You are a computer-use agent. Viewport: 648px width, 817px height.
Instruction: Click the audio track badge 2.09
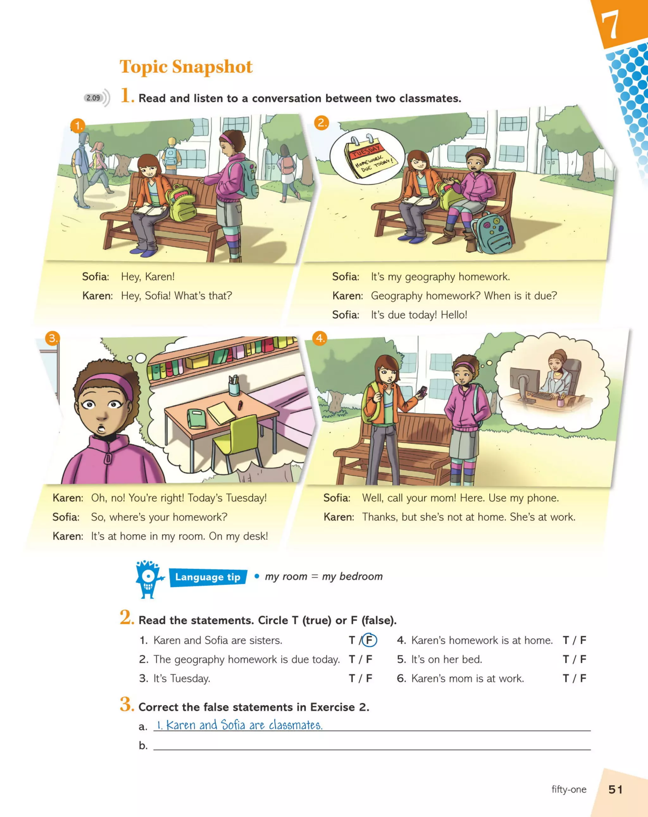point(93,98)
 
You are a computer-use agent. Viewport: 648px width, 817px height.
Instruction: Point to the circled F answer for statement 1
point(369,640)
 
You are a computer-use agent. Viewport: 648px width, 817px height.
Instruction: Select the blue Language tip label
point(208,577)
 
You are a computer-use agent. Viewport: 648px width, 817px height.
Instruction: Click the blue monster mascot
point(148,579)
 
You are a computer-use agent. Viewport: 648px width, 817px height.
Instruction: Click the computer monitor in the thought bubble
point(524,381)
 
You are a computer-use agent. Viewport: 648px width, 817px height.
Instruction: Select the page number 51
point(615,790)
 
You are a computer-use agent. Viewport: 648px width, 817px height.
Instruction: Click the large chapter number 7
point(610,25)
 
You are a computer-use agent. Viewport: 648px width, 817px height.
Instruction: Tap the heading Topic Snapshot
point(186,67)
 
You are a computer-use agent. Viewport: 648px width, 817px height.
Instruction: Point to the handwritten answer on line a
point(240,725)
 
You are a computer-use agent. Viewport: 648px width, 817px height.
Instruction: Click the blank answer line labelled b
point(371,745)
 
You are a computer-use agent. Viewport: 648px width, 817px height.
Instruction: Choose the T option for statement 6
point(566,678)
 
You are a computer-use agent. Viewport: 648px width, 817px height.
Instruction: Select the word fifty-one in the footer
point(568,789)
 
